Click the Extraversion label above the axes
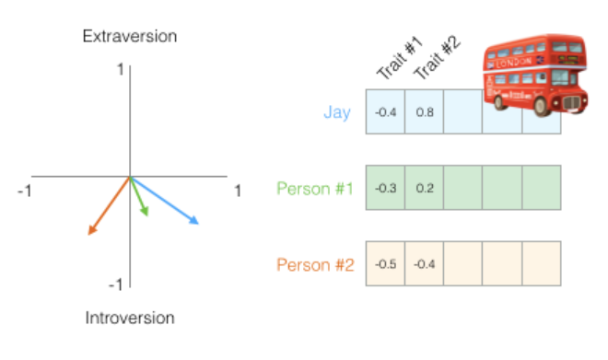[x=130, y=37]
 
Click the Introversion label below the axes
[x=130, y=318]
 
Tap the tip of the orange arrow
[x=88, y=235]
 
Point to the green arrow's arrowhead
[x=145, y=211]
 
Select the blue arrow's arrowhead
[x=193, y=220]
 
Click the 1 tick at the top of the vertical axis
[x=121, y=70]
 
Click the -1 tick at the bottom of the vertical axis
[x=115, y=285]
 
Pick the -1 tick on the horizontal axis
[x=25, y=191]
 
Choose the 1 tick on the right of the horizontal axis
[x=238, y=191]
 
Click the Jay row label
[x=337, y=112]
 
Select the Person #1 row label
[x=315, y=189]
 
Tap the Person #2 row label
[x=315, y=264]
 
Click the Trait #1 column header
[x=399, y=57]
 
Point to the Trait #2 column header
[x=437, y=57]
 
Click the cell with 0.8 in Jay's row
[x=424, y=112]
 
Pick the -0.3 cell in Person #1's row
[x=385, y=188]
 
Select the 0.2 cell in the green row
[x=424, y=188]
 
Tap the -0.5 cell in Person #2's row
[x=385, y=264]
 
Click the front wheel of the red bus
[x=541, y=105]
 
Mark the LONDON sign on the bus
[x=514, y=63]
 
